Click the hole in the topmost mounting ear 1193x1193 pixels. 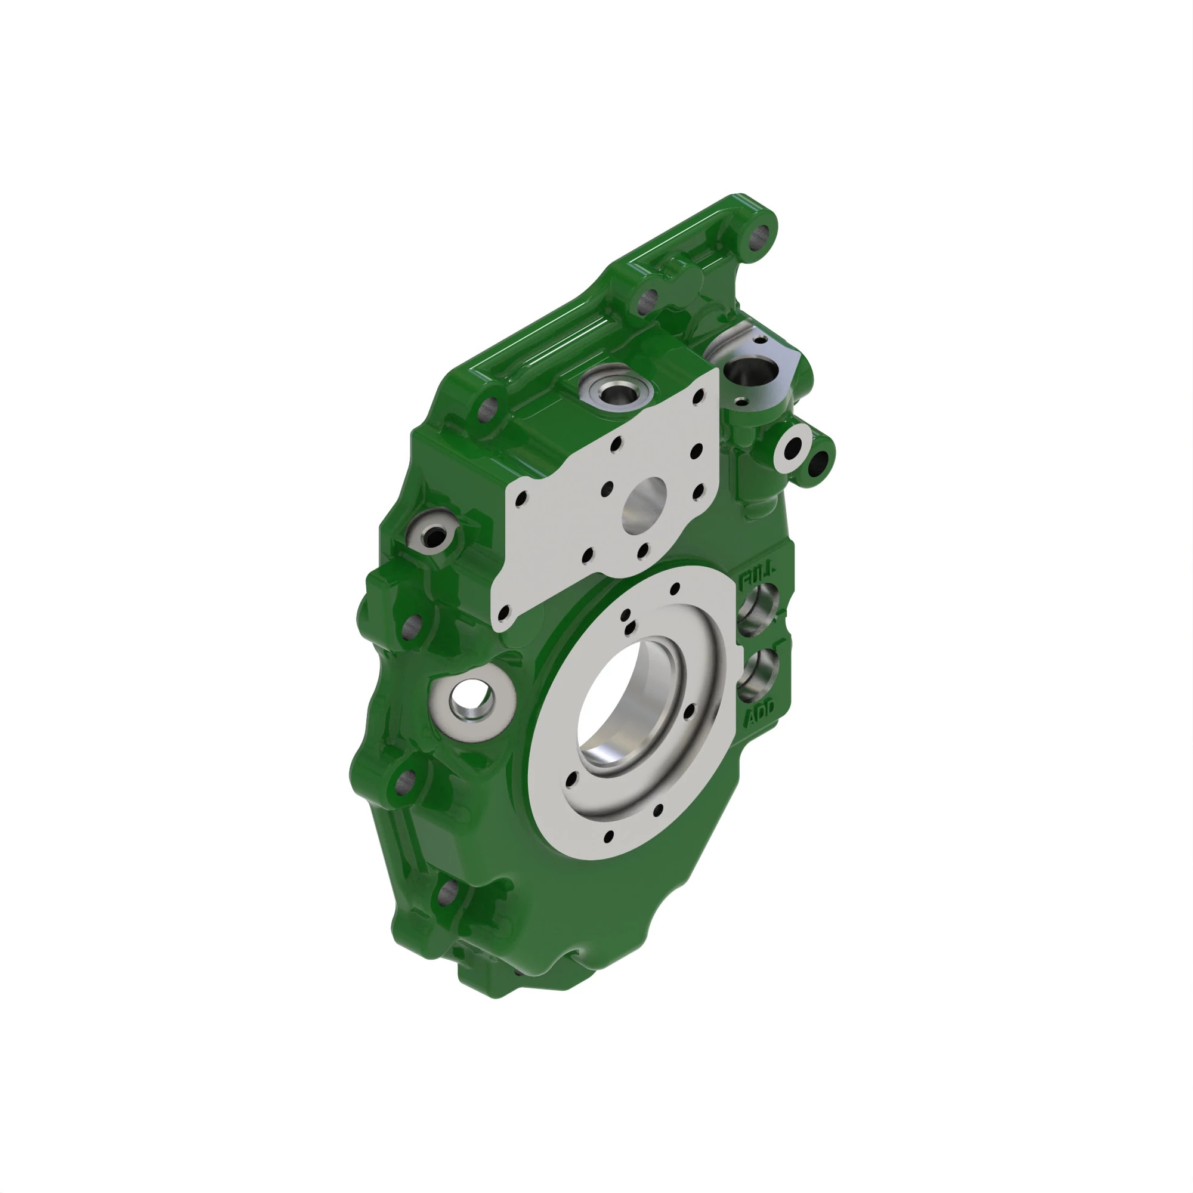click(761, 236)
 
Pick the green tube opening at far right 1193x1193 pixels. click(819, 462)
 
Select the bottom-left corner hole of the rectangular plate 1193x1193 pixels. click(504, 613)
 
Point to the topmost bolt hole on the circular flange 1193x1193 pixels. click(674, 589)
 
